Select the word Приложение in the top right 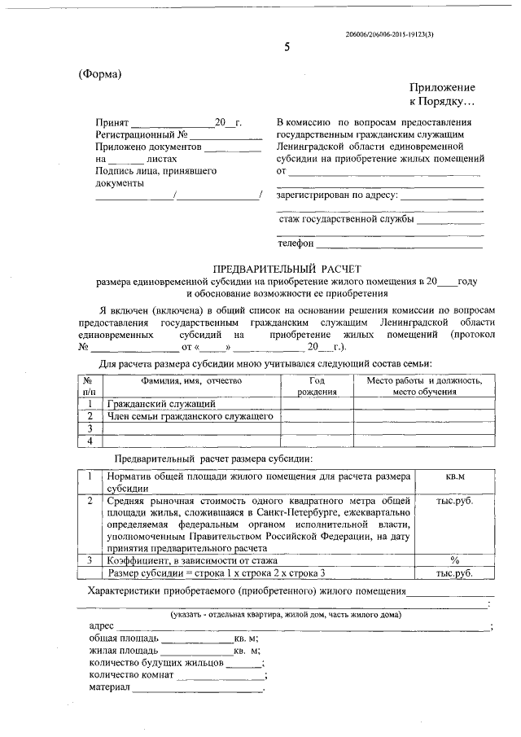coord(442,87)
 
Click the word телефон coord(296,243)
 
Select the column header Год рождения coord(317,386)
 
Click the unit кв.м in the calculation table coord(455,475)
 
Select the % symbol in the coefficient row coord(455,560)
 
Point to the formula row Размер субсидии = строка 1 coord(215,573)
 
